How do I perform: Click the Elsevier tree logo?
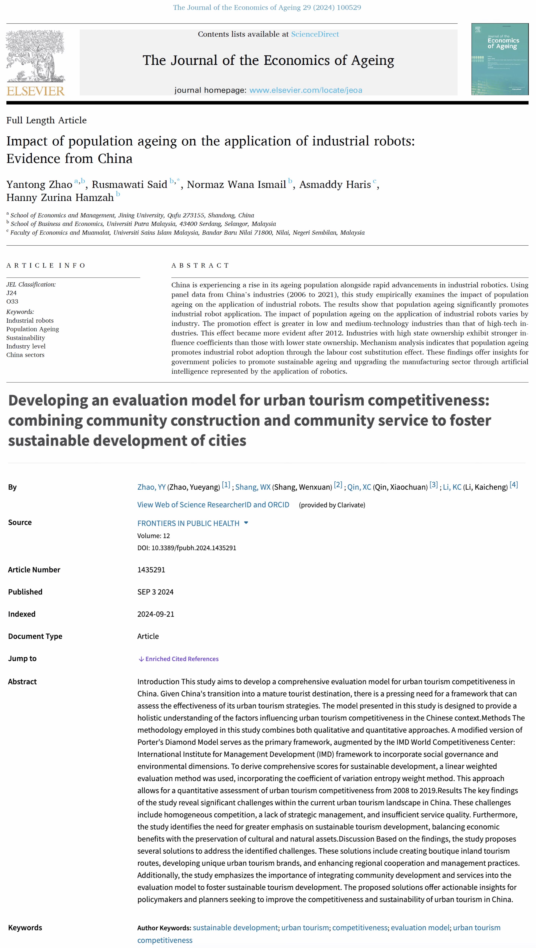[35, 56]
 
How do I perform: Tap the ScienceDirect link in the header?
[315, 34]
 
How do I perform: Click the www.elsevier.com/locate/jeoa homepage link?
[306, 90]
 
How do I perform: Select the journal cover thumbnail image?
[500, 59]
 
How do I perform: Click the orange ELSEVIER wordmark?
[35, 91]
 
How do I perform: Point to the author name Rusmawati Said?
[129, 184]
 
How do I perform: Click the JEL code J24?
[11, 293]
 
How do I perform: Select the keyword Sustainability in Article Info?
[25, 338]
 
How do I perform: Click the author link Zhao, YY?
[151, 487]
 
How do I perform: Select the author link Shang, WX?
[253, 487]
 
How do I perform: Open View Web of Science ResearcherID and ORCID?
[213, 505]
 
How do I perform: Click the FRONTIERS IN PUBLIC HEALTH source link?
[188, 523]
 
